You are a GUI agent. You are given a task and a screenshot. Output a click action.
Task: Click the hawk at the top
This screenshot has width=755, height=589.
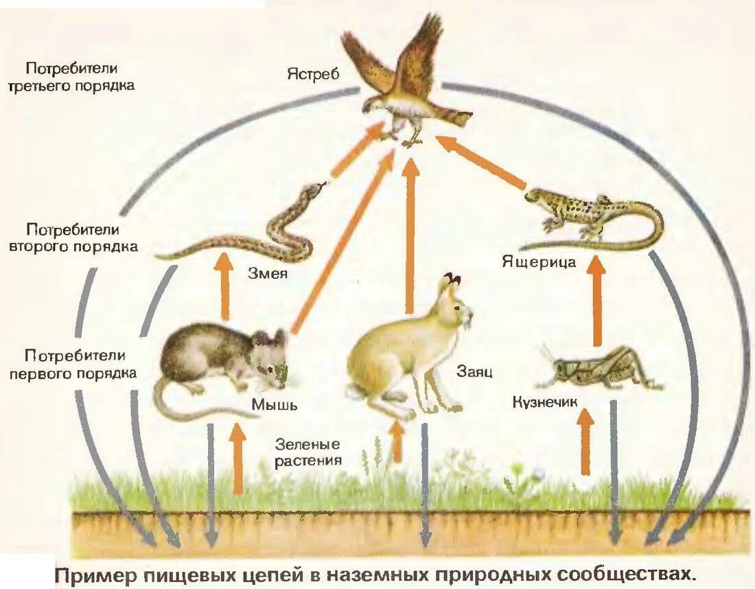(x=405, y=82)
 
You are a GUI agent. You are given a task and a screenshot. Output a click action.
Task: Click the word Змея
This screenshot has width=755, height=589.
(x=267, y=275)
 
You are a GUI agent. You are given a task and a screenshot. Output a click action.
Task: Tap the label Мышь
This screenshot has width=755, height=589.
(x=274, y=404)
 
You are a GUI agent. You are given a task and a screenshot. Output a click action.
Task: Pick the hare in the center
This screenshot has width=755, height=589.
(x=405, y=350)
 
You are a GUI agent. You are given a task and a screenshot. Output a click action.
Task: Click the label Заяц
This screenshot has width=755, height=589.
(x=474, y=372)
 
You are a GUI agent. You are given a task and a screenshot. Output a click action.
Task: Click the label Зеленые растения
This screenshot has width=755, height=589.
(x=308, y=452)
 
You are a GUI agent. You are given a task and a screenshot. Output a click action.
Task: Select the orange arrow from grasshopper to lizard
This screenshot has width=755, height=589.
(x=597, y=299)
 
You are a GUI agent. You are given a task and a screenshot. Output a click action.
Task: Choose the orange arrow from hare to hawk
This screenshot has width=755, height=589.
(x=411, y=233)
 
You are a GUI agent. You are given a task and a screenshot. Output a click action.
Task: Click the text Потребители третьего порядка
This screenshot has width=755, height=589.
(x=71, y=78)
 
